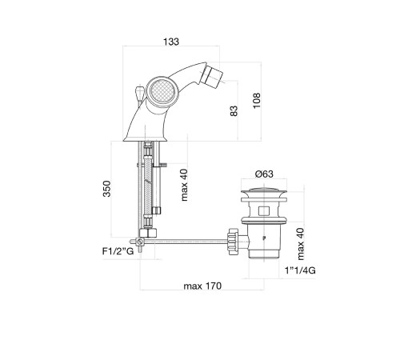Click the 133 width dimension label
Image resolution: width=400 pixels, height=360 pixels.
click(171, 42)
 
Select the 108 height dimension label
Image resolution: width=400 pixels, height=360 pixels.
click(257, 101)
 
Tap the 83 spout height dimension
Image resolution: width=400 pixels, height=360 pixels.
click(234, 111)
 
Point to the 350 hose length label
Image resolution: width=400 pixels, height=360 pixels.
click(106, 189)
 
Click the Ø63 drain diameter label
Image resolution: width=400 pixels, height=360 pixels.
click(264, 174)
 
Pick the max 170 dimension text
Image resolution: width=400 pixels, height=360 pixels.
click(202, 286)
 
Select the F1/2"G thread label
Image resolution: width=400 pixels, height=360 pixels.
click(118, 251)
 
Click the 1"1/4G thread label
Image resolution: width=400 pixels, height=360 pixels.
click(300, 270)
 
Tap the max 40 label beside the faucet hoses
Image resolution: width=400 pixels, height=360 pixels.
click(184, 185)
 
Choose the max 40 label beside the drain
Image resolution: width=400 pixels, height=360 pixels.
click(300, 244)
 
